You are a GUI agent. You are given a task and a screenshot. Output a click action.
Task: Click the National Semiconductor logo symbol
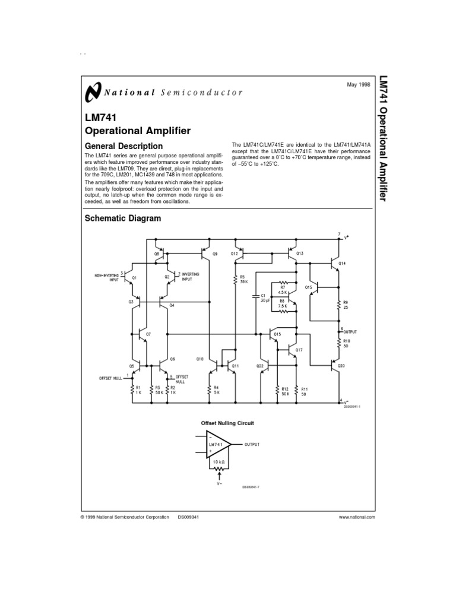pyautogui.click(x=93, y=93)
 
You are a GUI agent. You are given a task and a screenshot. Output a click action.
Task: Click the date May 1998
pyautogui.click(x=358, y=85)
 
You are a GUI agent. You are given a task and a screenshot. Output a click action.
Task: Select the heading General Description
pyautogui.click(x=124, y=146)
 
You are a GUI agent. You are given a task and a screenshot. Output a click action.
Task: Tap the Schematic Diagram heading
pyautogui.click(x=123, y=218)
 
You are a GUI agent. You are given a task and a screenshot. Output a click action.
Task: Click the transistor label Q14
pyautogui.click(x=341, y=262)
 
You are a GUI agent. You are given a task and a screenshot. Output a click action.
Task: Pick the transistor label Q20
pyautogui.click(x=341, y=366)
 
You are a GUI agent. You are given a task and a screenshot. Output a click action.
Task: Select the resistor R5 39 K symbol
pyautogui.click(x=236, y=278)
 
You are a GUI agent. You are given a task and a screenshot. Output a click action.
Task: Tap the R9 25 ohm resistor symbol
pyautogui.click(x=338, y=305)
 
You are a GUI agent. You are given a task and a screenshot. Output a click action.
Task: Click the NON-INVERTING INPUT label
pyautogui.click(x=107, y=277)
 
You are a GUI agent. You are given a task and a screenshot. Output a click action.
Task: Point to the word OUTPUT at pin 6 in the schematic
pyautogui.click(x=350, y=331)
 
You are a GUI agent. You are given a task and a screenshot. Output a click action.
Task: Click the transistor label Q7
pyautogui.click(x=148, y=334)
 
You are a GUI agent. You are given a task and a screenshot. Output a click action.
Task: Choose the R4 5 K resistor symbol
pyautogui.click(x=210, y=389)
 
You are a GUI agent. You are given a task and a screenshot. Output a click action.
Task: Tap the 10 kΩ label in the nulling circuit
pyautogui.click(x=219, y=461)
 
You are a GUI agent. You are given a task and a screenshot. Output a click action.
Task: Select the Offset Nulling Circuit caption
pyautogui.click(x=227, y=423)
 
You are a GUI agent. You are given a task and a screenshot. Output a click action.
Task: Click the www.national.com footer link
pyautogui.click(x=356, y=517)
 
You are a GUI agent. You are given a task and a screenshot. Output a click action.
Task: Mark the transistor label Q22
pyautogui.click(x=260, y=366)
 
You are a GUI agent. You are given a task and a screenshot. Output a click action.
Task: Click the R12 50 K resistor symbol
pyautogui.click(x=277, y=389)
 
